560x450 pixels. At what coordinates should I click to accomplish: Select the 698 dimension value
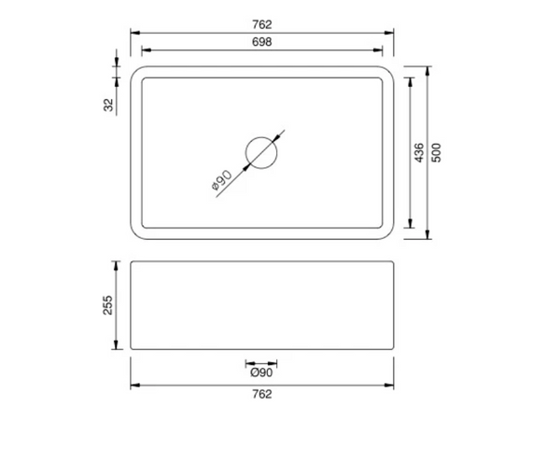tap(261, 43)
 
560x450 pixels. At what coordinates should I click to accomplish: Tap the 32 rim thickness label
tap(109, 105)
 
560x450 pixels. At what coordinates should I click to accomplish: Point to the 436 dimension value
tap(419, 152)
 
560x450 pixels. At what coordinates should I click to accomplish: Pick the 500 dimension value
tap(436, 152)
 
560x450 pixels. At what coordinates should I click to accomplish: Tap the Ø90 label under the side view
tap(261, 373)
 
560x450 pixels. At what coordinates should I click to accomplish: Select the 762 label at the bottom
tap(261, 394)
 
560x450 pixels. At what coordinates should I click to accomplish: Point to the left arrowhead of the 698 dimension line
tap(145, 53)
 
